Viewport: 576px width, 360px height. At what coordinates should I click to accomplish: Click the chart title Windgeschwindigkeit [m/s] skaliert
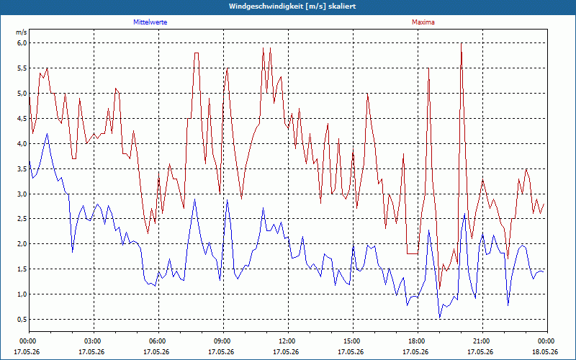click(x=292, y=6)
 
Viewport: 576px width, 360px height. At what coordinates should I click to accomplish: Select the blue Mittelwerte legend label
click(x=150, y=22)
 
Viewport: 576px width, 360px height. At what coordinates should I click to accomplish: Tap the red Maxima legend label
click(x=423, y=22)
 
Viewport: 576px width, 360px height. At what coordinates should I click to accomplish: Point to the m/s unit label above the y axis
click(x=22, y=32)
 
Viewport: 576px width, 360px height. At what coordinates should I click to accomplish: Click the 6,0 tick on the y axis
click(x=22, y=43)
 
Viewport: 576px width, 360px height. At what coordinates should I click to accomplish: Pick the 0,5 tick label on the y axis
click(x=22, y=319)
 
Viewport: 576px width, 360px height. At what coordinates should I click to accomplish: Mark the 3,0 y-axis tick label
click(x=22, y=194)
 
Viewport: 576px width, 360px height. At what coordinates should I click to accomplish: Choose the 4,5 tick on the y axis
click(x=22, y=119)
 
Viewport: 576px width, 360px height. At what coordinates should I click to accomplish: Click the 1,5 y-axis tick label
click(x=22, y=269)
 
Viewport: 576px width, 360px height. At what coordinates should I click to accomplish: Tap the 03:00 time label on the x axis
click(x=94, y=341)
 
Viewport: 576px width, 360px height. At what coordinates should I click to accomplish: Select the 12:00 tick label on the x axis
click(x=289, y=341)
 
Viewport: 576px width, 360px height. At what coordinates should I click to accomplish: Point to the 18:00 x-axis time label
click(x=418, y=341)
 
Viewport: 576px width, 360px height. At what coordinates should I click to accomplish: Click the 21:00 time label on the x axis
click(x=482, y=341)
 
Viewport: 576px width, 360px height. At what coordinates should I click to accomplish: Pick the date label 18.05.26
click(x=547, y=352)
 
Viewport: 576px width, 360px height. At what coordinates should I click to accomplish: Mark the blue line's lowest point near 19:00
click(x=440, y=318)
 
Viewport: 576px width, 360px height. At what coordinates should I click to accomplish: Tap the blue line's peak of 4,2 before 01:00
click(x=47, y=134)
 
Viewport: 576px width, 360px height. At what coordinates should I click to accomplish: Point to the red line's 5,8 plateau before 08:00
click(x=197, y=53)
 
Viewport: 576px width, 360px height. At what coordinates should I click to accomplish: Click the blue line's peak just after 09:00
click(x=228, y=200)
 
